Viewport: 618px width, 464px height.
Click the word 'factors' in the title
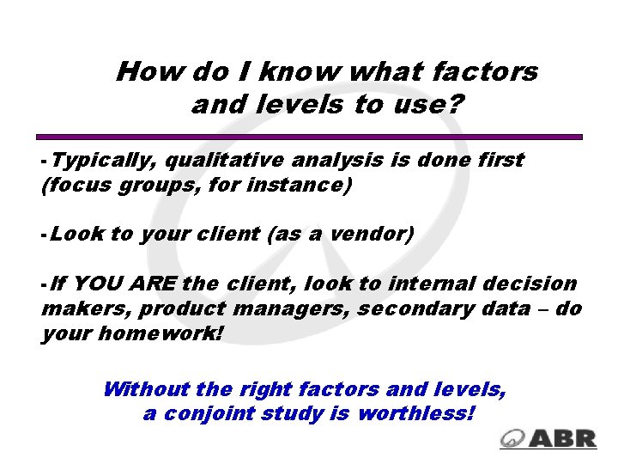pyautogui.click(x=485, y=71)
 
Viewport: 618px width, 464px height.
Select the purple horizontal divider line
pyautogui.click(x=309, y=137)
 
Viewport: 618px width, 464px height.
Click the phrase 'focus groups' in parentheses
pyautogui.click(x=109, y=185)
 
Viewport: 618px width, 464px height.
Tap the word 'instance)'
pyautogui.click(x=309, y=185)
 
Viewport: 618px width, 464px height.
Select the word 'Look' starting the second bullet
pyautogui.click(x=79, y=234)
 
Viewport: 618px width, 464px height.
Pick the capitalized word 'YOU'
pyautogui.click(x=106, y=284)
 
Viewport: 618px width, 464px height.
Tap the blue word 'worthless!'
pyautogui.click(x=415, y=413)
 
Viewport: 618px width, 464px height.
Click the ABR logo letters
pyautogui.click(x=563, y=437)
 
